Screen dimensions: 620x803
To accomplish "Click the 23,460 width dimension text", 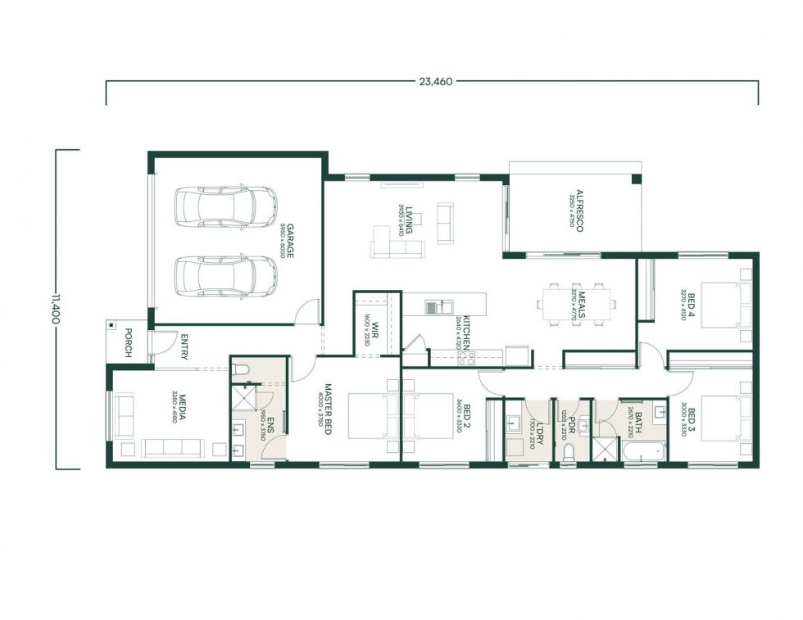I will [x=432, y=81].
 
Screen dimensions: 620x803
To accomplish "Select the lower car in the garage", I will [x=226, y=275].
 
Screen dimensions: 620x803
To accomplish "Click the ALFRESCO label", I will [x=578, y=211].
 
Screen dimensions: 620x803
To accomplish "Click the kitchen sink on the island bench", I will [x=433, y=307].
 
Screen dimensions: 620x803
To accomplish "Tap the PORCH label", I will [x=128, y=342].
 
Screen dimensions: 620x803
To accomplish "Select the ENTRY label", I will [x=184, y=346].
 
